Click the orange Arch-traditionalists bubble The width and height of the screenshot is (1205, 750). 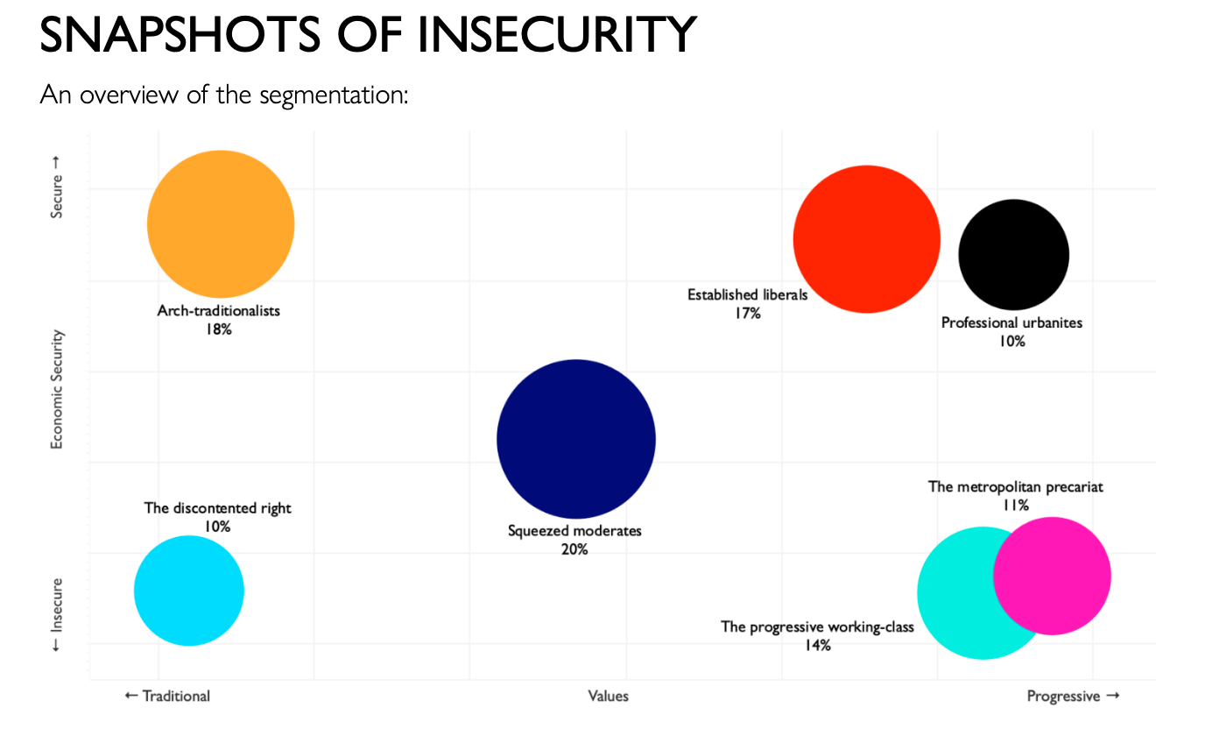(221, 224)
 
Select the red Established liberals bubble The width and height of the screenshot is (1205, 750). (866, 238)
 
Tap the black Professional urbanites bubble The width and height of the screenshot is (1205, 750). (1013, 255)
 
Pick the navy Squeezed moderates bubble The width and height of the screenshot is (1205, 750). (575, 438)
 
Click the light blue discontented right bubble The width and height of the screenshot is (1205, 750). (188, 591)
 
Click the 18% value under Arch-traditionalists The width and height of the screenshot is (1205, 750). (219, 329)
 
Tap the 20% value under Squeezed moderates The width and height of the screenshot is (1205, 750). (574, 549)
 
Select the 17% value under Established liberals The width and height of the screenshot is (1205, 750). (747, 314)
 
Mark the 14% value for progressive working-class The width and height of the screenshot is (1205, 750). (817, 646)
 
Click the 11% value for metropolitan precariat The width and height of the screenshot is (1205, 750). (1016, 506)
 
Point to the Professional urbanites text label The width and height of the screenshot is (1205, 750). (1011, 322)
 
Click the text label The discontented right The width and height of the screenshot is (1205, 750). (217, 508)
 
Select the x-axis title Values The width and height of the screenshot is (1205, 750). (608, 696)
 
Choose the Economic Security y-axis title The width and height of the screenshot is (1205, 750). (57, 389)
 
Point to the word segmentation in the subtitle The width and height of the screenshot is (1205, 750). (334, 94)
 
